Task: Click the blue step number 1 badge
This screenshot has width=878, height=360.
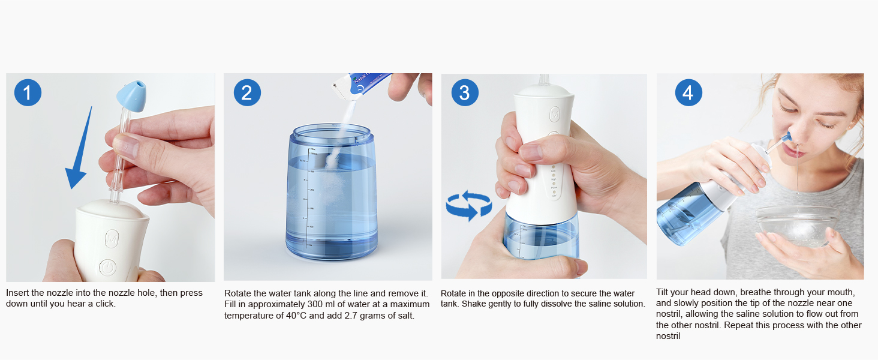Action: [x=28, y=93]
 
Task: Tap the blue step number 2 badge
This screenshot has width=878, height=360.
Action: [x=247, y=93]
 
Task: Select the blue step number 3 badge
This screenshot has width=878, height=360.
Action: [x=464, y=93]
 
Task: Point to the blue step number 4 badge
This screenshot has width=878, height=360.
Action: [x=688, y=93]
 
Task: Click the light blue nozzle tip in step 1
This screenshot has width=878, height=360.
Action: [x=130, y=96]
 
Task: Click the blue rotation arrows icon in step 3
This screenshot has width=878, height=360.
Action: [x=468, y=206]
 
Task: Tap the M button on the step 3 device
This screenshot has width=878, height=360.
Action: [x=555, y=113]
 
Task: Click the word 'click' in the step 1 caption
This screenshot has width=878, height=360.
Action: [x=103, y=304]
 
